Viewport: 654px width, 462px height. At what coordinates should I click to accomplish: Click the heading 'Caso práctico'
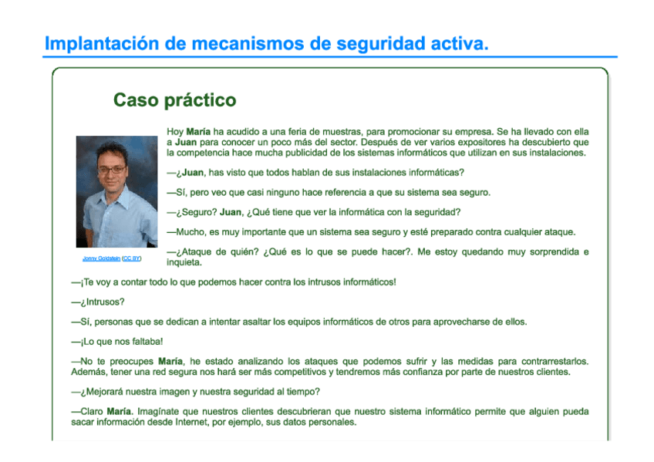pyautogui.click(x=174, y=101)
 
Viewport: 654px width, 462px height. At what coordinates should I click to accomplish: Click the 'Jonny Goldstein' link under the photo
pyautogui.click(x=101, y=258)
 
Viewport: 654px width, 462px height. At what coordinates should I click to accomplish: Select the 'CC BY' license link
pyautogui.click(x=132, y=258)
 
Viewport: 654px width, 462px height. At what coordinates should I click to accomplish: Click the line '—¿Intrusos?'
pyautogui.click(x=98, y=302)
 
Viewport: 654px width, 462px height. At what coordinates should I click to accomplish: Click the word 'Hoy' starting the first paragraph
pyautogui.click(x=175, y=132)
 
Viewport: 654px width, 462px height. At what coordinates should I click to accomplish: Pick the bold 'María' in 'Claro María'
pyautogui.click(x=119, y=412)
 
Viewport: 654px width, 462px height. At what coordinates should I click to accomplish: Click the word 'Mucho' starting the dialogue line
pyautogui.click(x=189, y=232)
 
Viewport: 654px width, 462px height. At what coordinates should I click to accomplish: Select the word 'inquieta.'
pyautogui.click(x=184, y=262)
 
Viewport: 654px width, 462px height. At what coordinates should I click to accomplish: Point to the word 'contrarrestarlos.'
pyautogui.click(x=555, y=361)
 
